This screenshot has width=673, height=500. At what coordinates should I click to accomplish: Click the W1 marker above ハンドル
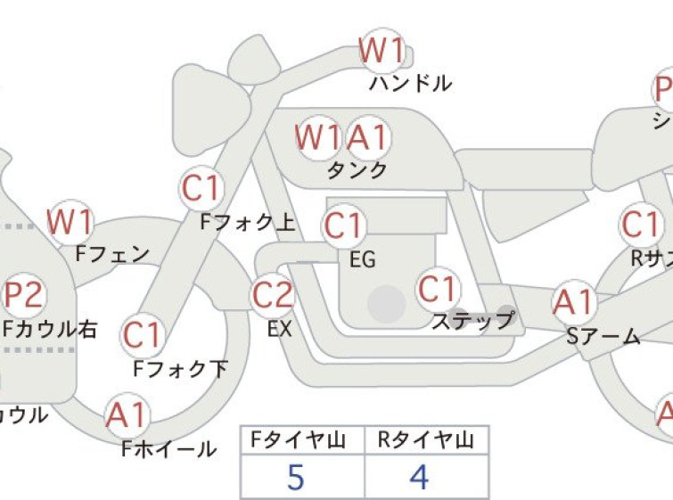pyautogui.click(x=382, y=51)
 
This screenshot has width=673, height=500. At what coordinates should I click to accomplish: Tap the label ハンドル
pyautogui.click(x=411, y=84)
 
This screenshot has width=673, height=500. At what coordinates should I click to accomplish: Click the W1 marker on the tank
pyautogui.click(x=319, y=138)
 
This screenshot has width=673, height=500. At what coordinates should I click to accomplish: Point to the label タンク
pyautogui.click(x=357, y=169)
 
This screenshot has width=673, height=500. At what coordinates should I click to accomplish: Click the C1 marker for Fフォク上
pyautogui.click(x=201, y=188)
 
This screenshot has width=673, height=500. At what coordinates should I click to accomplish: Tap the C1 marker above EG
pyautogui.click(x=343, y=226)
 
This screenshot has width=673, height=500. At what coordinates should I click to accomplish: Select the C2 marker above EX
pyautogui.click(x=273, y=295)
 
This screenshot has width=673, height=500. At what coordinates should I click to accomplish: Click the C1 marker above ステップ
pyautogui.click(x=439, y=290)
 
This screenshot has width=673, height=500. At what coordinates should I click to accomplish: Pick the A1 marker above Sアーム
pyautogui.click(x=573, y=303)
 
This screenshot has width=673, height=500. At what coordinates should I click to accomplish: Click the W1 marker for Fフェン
pyautogui.click(x=70, y=221)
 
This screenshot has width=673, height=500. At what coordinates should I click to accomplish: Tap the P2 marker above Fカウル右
pyautogui.click(x=24, y=294)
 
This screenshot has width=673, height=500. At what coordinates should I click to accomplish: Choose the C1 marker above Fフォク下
pyautogui.click(x=142, y=336)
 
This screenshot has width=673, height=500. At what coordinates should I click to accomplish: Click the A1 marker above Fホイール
pyautogui.click(x=126, y=415)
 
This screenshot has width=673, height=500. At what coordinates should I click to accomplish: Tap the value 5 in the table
pyautogui.click(x=296, y=478)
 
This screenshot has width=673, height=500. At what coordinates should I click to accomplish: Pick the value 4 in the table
pyautogui.click(x=419, y=478)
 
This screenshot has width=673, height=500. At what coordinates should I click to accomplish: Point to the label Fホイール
pyautogui.click(x=168, y=448)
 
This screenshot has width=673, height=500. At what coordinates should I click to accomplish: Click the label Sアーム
pyautogui.click(x=603, y=336)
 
